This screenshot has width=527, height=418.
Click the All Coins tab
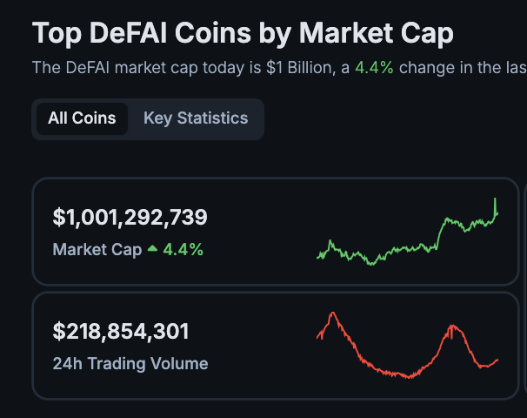pos(82,118)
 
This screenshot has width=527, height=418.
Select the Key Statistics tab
pos(196,118)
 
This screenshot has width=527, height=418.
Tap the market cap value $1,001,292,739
pos(130,217)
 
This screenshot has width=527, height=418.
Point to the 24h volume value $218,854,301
pos(121,331)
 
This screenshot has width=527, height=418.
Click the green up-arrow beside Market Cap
pos(153,249)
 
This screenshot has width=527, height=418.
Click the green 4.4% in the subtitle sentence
pos(374,67)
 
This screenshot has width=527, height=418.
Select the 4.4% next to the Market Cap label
pos(183,250)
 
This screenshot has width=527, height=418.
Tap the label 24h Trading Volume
pos(130,363)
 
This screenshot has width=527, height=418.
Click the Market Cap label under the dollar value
pos(97,250)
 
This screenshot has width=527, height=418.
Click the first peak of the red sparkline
pos(331,313)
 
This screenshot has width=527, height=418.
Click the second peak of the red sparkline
pos(452,327)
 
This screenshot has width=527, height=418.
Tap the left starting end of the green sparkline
pos(319,257)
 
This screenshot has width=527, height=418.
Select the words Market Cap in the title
pos(376,34)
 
